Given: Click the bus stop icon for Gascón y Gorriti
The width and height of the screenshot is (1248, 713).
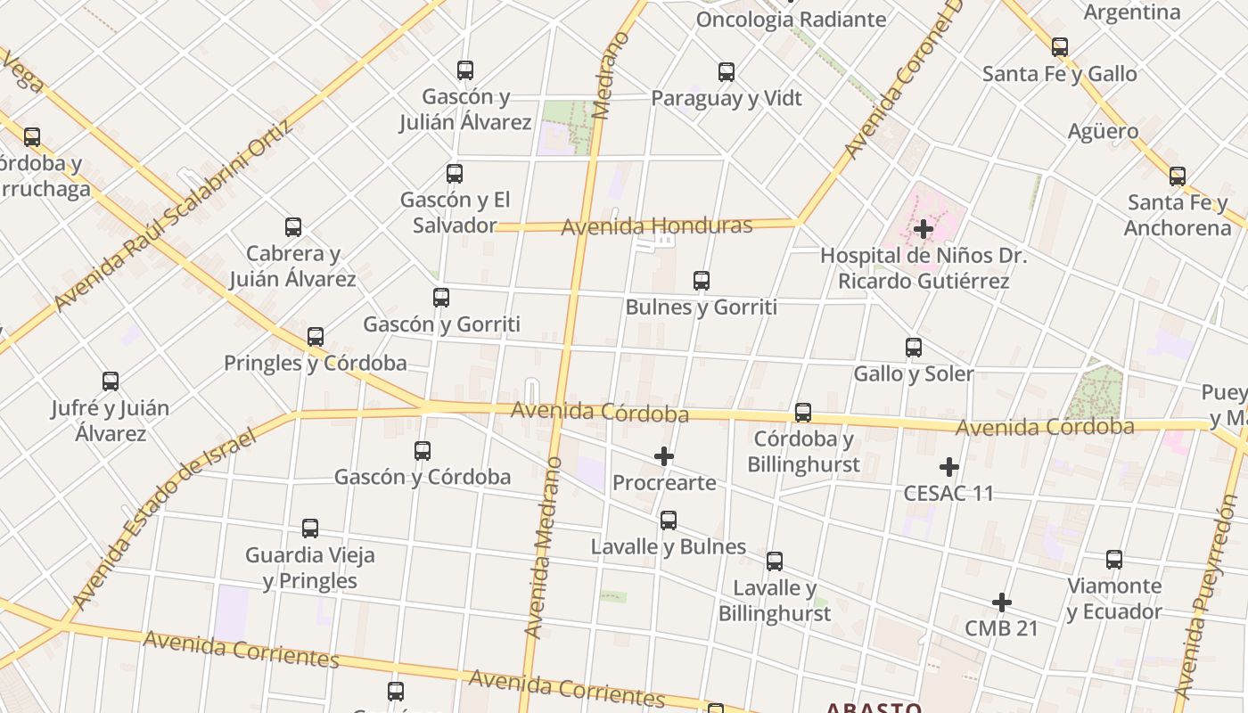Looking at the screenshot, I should point(440,298).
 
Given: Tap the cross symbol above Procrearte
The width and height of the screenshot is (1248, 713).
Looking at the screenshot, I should point(664,457).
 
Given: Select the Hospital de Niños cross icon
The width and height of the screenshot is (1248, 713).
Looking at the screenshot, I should point(924,229).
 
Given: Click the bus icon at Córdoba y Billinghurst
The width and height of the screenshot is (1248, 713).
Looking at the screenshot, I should point(803,413).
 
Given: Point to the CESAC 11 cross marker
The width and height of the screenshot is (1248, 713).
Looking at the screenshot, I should point(949,467).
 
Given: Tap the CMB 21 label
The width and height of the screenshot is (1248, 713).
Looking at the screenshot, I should point(1001,628).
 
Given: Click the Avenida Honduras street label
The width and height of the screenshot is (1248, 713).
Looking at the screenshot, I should point(656,225).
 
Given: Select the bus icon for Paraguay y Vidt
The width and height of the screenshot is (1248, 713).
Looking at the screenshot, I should point(727,72).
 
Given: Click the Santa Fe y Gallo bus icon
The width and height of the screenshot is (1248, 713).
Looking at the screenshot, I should point(1059,47).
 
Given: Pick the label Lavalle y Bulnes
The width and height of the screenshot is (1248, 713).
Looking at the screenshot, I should point(668,546).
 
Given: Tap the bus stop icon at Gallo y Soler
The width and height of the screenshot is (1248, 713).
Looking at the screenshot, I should point(914,348).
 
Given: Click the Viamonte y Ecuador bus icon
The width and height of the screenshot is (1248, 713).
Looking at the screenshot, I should point(1114,560).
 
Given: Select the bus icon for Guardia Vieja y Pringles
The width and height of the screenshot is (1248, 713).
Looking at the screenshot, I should point(310,529).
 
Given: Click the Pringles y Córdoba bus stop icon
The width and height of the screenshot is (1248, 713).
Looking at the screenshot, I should point(315,337).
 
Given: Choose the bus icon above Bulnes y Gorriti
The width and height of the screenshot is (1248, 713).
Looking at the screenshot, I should point(702,281).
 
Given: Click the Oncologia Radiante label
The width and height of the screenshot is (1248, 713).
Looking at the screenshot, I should point(791,20).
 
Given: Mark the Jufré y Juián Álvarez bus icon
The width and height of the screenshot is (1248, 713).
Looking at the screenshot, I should point(111,381).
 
